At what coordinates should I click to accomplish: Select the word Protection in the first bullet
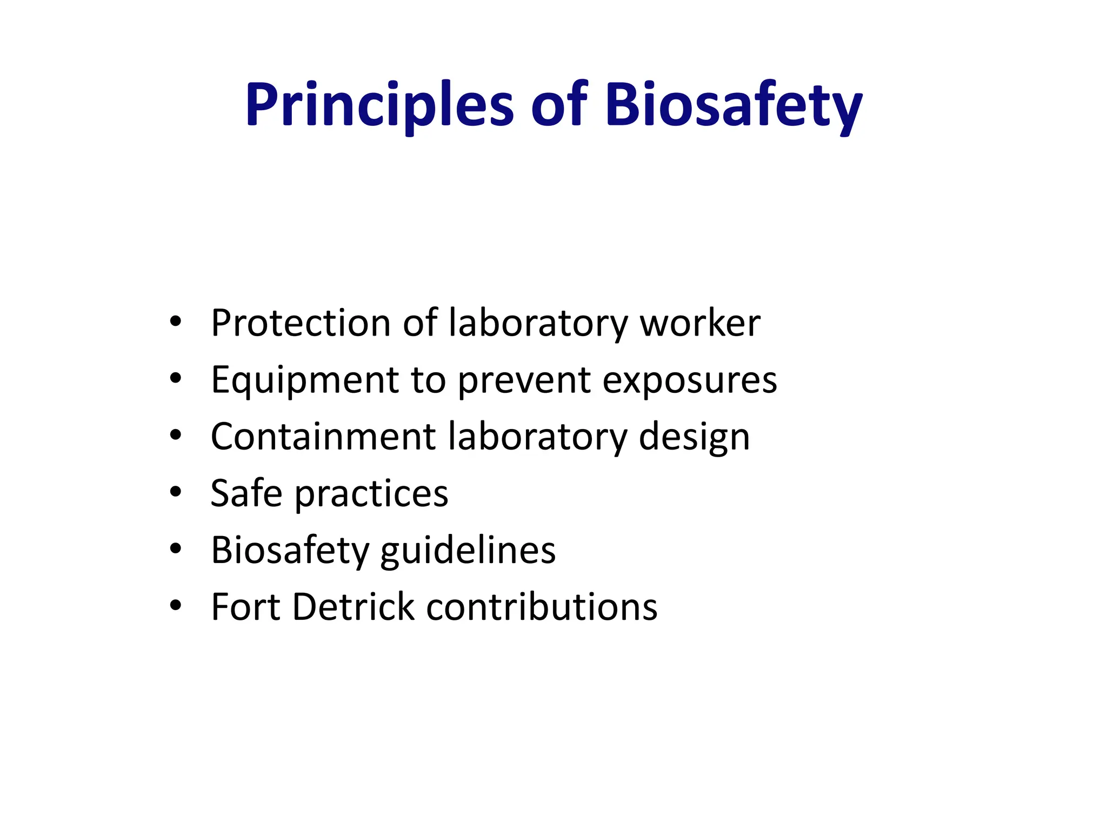(301, 323)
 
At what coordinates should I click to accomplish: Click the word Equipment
(305, 380)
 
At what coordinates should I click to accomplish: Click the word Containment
(323, 437)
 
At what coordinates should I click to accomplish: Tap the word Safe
(246, 493)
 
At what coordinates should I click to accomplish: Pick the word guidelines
(468, 551)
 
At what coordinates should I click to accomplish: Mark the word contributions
(542, 607)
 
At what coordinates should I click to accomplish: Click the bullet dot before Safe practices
(175, 492)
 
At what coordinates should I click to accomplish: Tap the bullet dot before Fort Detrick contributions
(175, 605)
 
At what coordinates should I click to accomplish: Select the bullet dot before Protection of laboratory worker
(175, 322)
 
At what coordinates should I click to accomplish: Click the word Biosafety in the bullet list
(290, 551)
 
